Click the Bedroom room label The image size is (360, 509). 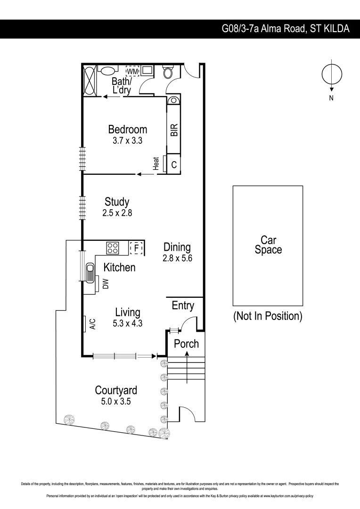127,129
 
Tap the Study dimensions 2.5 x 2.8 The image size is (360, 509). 117,213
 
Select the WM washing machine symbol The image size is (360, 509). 132,71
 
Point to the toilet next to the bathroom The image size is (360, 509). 168,72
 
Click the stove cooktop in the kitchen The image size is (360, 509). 113,247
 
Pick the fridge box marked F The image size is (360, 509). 136,247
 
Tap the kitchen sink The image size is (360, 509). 90,272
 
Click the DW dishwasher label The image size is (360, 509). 106,284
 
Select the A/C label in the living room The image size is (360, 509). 93,324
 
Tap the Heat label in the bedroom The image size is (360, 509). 156,164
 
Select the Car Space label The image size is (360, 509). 268,245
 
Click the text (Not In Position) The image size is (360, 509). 268,316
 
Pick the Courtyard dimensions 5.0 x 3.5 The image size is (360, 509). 116,402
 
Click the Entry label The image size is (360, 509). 183,305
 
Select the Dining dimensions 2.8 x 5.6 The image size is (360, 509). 177,258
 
